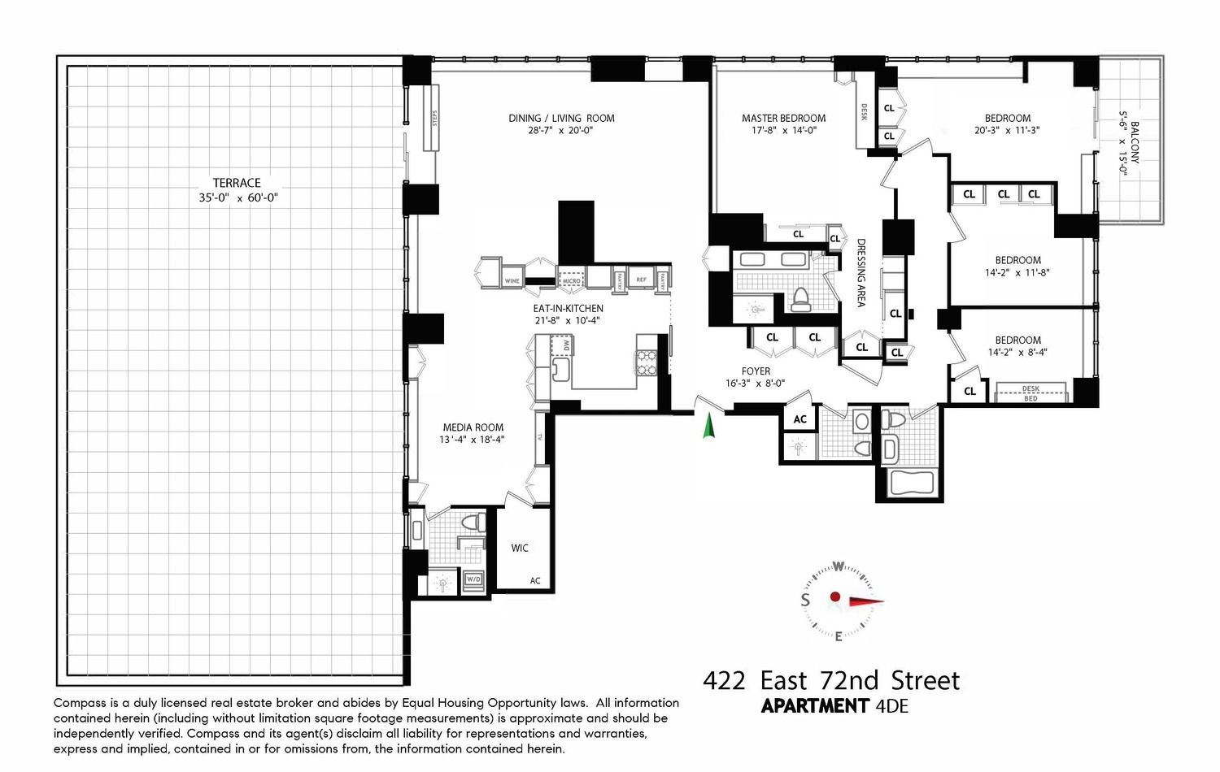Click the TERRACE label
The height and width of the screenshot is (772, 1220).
[x=237, y=183]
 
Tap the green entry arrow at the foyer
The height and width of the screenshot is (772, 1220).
[x=708, y=426]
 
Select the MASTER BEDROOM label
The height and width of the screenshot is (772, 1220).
[x=783, y=119]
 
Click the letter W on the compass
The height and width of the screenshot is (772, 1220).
[x=838, y=566]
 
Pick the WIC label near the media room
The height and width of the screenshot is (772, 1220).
[x=520, y=549]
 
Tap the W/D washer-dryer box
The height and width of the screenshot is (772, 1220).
[x=473, y=579]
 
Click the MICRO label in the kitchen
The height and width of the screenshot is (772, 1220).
[x=571, y=280]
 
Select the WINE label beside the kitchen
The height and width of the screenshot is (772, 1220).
[x=512, y=281]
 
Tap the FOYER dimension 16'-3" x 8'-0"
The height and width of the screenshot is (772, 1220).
[x=755, y=384]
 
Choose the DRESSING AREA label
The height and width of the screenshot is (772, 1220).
[x=861, y=271]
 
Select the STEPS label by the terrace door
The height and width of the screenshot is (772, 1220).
[x=434, y=119]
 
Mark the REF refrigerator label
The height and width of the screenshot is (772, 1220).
[x=641, y=280]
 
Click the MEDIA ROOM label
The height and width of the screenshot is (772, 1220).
[x=473, y=427]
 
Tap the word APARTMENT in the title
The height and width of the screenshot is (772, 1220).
[x=815, y=706]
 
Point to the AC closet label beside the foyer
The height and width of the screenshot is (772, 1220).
[x=800, y=419]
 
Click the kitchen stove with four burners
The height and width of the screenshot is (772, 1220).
[x=646, y=362]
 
